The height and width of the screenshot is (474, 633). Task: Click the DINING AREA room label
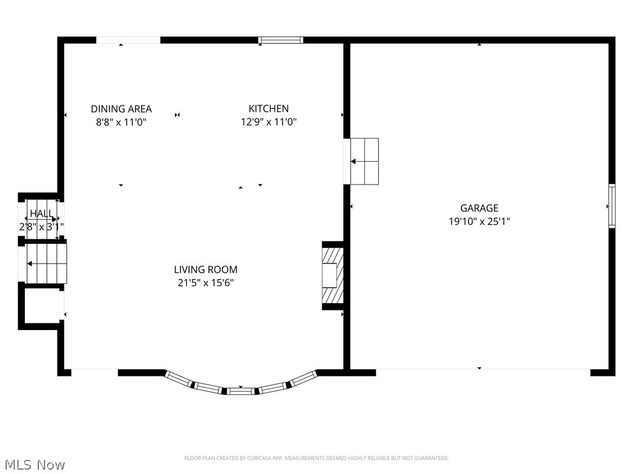coord(121,109)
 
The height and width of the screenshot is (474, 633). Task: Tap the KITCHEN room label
coord(268,109)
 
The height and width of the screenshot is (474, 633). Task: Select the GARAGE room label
coord(478,208)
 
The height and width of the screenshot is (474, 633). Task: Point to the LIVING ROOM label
coord(205,270)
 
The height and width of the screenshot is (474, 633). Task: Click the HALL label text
coord(41,213)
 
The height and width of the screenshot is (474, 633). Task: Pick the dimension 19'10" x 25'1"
coord(478,221)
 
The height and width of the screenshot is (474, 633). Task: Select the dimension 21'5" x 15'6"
coord(205,283)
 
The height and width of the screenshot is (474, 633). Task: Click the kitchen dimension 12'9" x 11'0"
coord(268,122)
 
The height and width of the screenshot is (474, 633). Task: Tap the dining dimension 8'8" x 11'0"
coord(121,122)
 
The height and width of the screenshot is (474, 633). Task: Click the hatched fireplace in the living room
coord(332,275)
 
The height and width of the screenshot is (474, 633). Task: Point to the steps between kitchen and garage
coord(364,161)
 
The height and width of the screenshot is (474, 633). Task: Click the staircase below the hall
coord(45,263)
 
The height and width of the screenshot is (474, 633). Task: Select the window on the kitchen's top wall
coord(281,40)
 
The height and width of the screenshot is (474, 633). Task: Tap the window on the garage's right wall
coord(611,206)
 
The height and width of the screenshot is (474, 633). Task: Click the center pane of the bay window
coord(240,391)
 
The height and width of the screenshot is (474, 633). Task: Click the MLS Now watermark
coord(33,464)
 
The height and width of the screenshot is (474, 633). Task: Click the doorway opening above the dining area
coord(128,40)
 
